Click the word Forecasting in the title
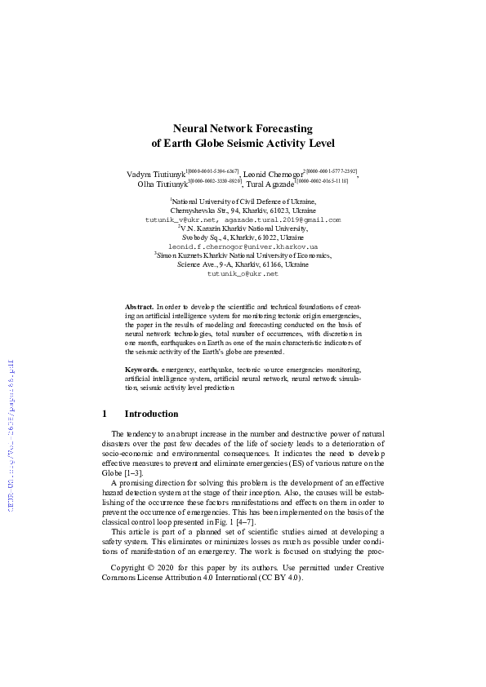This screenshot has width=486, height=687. pos(277,128)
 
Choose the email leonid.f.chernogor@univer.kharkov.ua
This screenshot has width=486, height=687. pos(243,246)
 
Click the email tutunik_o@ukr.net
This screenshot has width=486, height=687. pos(243,273)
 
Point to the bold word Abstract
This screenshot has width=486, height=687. pos(138,303)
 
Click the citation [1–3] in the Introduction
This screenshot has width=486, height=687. pos(133,472)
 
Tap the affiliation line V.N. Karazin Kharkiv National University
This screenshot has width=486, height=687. pos(243,228)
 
